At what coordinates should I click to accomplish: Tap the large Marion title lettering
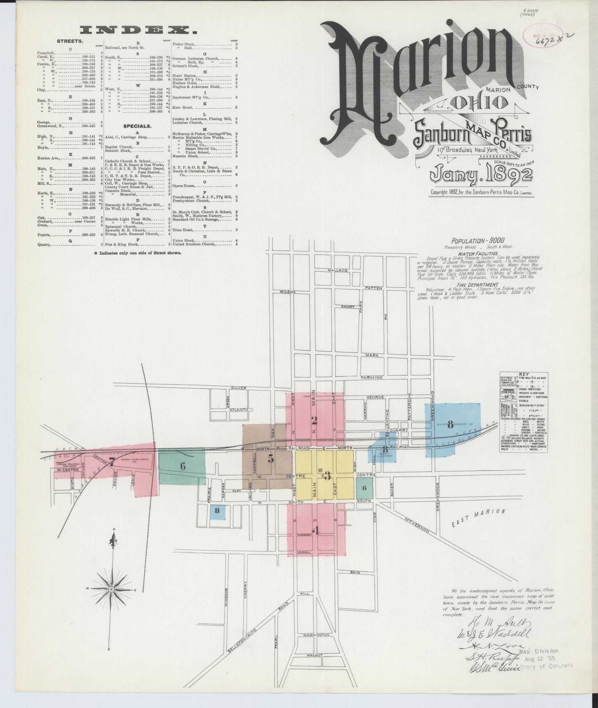click(418, 66)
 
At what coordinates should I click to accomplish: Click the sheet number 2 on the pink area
click(315, 421)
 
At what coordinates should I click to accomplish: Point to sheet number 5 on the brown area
click(271, 459)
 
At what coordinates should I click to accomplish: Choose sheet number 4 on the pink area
click(317, 530)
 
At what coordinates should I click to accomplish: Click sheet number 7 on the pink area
click(112, 463)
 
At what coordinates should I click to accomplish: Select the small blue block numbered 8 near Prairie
click(217, 511)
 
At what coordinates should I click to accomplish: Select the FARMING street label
click(371, 378)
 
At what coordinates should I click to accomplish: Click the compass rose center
click(111, 588)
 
